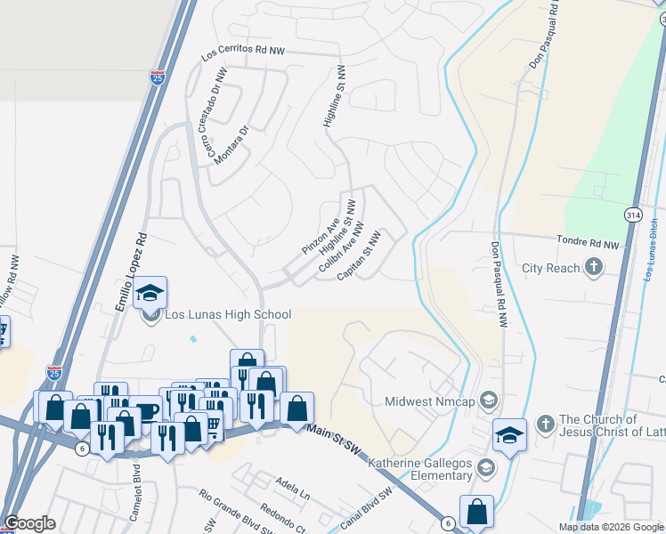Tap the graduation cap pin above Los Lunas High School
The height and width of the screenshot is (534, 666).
tap(151, 293)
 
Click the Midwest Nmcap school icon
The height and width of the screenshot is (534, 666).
tap(487, 400)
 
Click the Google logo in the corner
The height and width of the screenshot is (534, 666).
tap(30, 523)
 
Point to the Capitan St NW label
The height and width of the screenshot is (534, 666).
tap(360, 257)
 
